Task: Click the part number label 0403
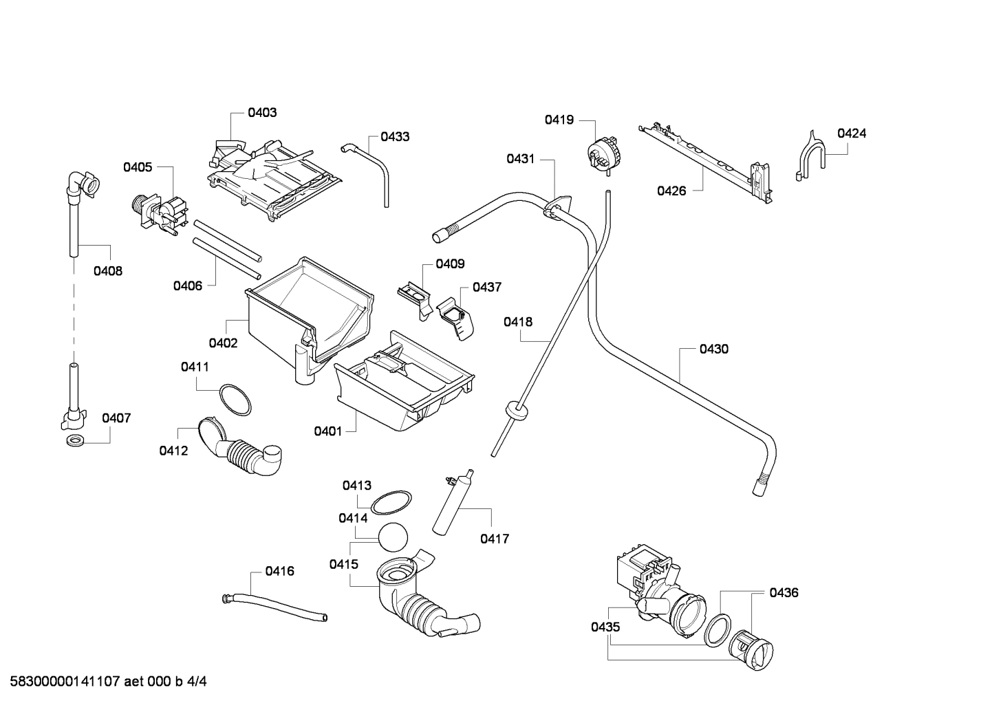pyautogui.click(x=262, y=112)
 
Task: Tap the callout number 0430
pyautogui.click(x=713, y=349)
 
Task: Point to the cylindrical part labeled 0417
pyautogui.click(x=451, y=502)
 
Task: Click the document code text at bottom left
pyautogui.click(x=104, y=682)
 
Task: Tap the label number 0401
pyautogui.click(x=327, y=431)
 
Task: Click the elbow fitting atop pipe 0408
pyautogui.click(x=82, y=185)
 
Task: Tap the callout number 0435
pyautogui.click(x=605, y=627)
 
